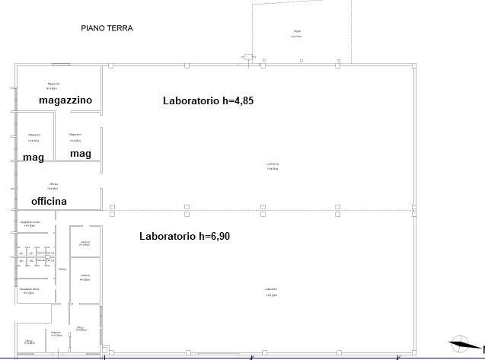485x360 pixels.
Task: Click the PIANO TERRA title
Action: click(107, 28)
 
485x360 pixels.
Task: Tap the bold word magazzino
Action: click(65, 100)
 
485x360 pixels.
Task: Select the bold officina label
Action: click(49, 201)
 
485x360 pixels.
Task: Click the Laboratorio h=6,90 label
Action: click(184, 236)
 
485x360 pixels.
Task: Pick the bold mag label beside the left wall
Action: click(33, 157)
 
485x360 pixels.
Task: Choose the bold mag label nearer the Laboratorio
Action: click(80, 154)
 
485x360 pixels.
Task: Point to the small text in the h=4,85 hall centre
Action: click(273, 166)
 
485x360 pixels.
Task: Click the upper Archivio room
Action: click(85, 244)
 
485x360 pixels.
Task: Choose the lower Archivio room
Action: click(85, 277)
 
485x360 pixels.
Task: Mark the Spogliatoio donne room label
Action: click(30, 291)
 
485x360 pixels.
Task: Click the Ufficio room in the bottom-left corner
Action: click(30, 341)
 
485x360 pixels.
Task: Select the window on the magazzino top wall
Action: click(57, 65)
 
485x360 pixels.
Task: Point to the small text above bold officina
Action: click(53, 186)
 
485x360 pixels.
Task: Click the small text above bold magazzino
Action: click(53, 85)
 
